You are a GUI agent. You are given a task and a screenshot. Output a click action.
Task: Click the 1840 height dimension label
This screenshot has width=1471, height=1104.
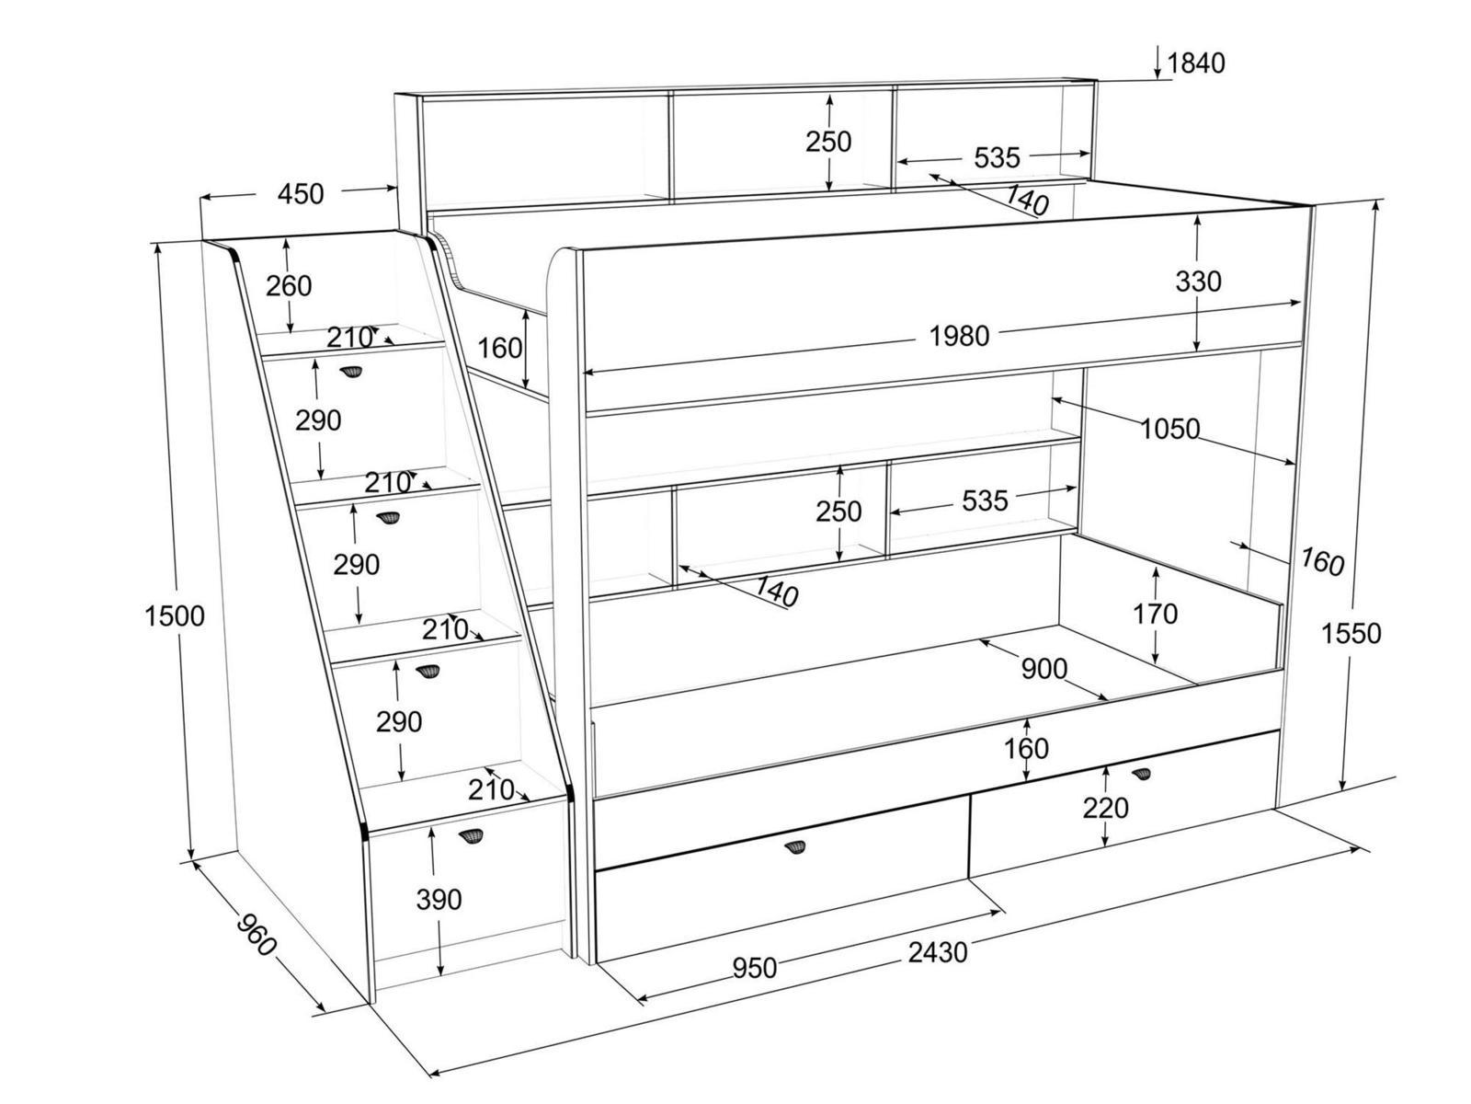pyautogui.click(x=1196, y=63)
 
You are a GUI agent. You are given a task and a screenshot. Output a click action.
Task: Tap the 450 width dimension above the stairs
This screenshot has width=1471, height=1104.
pyautogui.click(x=301, y=194)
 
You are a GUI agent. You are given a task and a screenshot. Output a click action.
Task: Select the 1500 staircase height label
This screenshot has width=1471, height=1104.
pyautogui.click(x=175, y=615)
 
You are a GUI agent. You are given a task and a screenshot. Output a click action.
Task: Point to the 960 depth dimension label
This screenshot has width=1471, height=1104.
pyautogui.click(x=255, y=934)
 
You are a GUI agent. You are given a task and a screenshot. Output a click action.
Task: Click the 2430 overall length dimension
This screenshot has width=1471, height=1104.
pyautogui.click(x=938, y=952)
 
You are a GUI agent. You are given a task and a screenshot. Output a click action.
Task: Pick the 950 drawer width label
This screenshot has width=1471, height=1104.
pyautogui.click(x=754, y=968)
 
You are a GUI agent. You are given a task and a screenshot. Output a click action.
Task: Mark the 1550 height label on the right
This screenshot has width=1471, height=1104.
pyautogui.click(x=1351, y=633)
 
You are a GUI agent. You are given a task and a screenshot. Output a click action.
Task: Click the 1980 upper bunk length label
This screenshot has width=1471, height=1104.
pyautogui.click(x=959, y=336)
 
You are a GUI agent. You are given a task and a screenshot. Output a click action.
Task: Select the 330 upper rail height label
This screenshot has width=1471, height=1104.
pyautogui.click(x=1198, y=281)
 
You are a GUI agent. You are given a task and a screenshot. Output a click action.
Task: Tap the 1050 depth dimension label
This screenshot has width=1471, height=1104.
pyautogui.click(x=1170, y=429)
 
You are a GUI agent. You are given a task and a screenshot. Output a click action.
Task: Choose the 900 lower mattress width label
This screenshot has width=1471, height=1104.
pyautogui.click(x=1044, y=669)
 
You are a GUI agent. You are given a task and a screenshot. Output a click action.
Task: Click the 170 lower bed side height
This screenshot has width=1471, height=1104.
pyautogui.click(x=1155, y=613)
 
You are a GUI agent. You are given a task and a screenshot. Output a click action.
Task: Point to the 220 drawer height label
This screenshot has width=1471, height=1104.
pyautogui.click(x=1105, y=808)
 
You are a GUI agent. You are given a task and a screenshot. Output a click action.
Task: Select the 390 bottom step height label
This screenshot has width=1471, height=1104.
pyautogui.click(x=439, y=899)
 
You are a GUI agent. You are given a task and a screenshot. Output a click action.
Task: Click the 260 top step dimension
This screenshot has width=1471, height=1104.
pyautogui.click(x=289, y=286)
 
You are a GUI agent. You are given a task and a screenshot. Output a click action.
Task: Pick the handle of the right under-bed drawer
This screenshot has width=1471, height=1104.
pyautogui.click(x=1141, y=773)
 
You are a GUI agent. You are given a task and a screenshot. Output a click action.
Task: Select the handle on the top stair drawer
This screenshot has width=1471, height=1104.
pyautogui.click(x=351, y=372)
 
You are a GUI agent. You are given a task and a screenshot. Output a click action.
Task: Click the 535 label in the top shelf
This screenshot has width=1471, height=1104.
pyautogui.click(x=997, y=158)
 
